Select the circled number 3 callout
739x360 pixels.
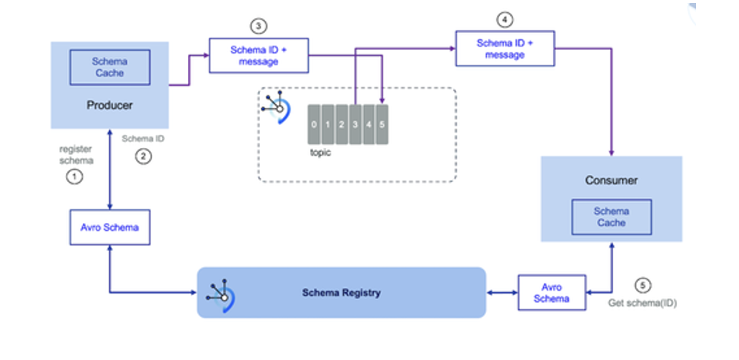point(258,26)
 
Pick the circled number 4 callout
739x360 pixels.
point(505,20)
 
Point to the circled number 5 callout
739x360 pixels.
point(644,286)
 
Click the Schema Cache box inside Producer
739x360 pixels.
point(109,67)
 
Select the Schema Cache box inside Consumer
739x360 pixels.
point(611,217)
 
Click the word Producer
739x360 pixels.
point(109,105)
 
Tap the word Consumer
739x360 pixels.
point(611,181)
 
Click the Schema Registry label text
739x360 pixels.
point(341,293)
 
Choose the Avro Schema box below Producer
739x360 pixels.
point(109,227)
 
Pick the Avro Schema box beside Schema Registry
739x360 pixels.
point(551,293)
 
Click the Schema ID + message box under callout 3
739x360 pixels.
point(259,56)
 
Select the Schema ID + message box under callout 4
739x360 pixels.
point(505,49)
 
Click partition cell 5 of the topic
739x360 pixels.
point(382,124)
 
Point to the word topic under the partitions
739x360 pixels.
point(321,153)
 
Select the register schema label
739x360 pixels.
point(75,155)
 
